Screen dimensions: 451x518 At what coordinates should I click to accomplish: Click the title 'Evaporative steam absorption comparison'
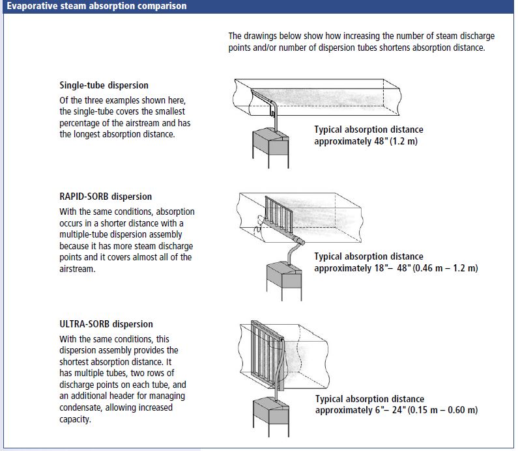click(x=96, y=6)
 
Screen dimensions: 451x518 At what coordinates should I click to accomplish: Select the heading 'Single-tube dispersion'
click(x=104, y=85)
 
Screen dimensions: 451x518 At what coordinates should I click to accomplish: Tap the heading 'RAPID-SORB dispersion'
click(x=106, y=197)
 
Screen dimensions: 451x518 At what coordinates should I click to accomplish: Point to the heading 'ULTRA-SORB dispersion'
click(x=106, y=324)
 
